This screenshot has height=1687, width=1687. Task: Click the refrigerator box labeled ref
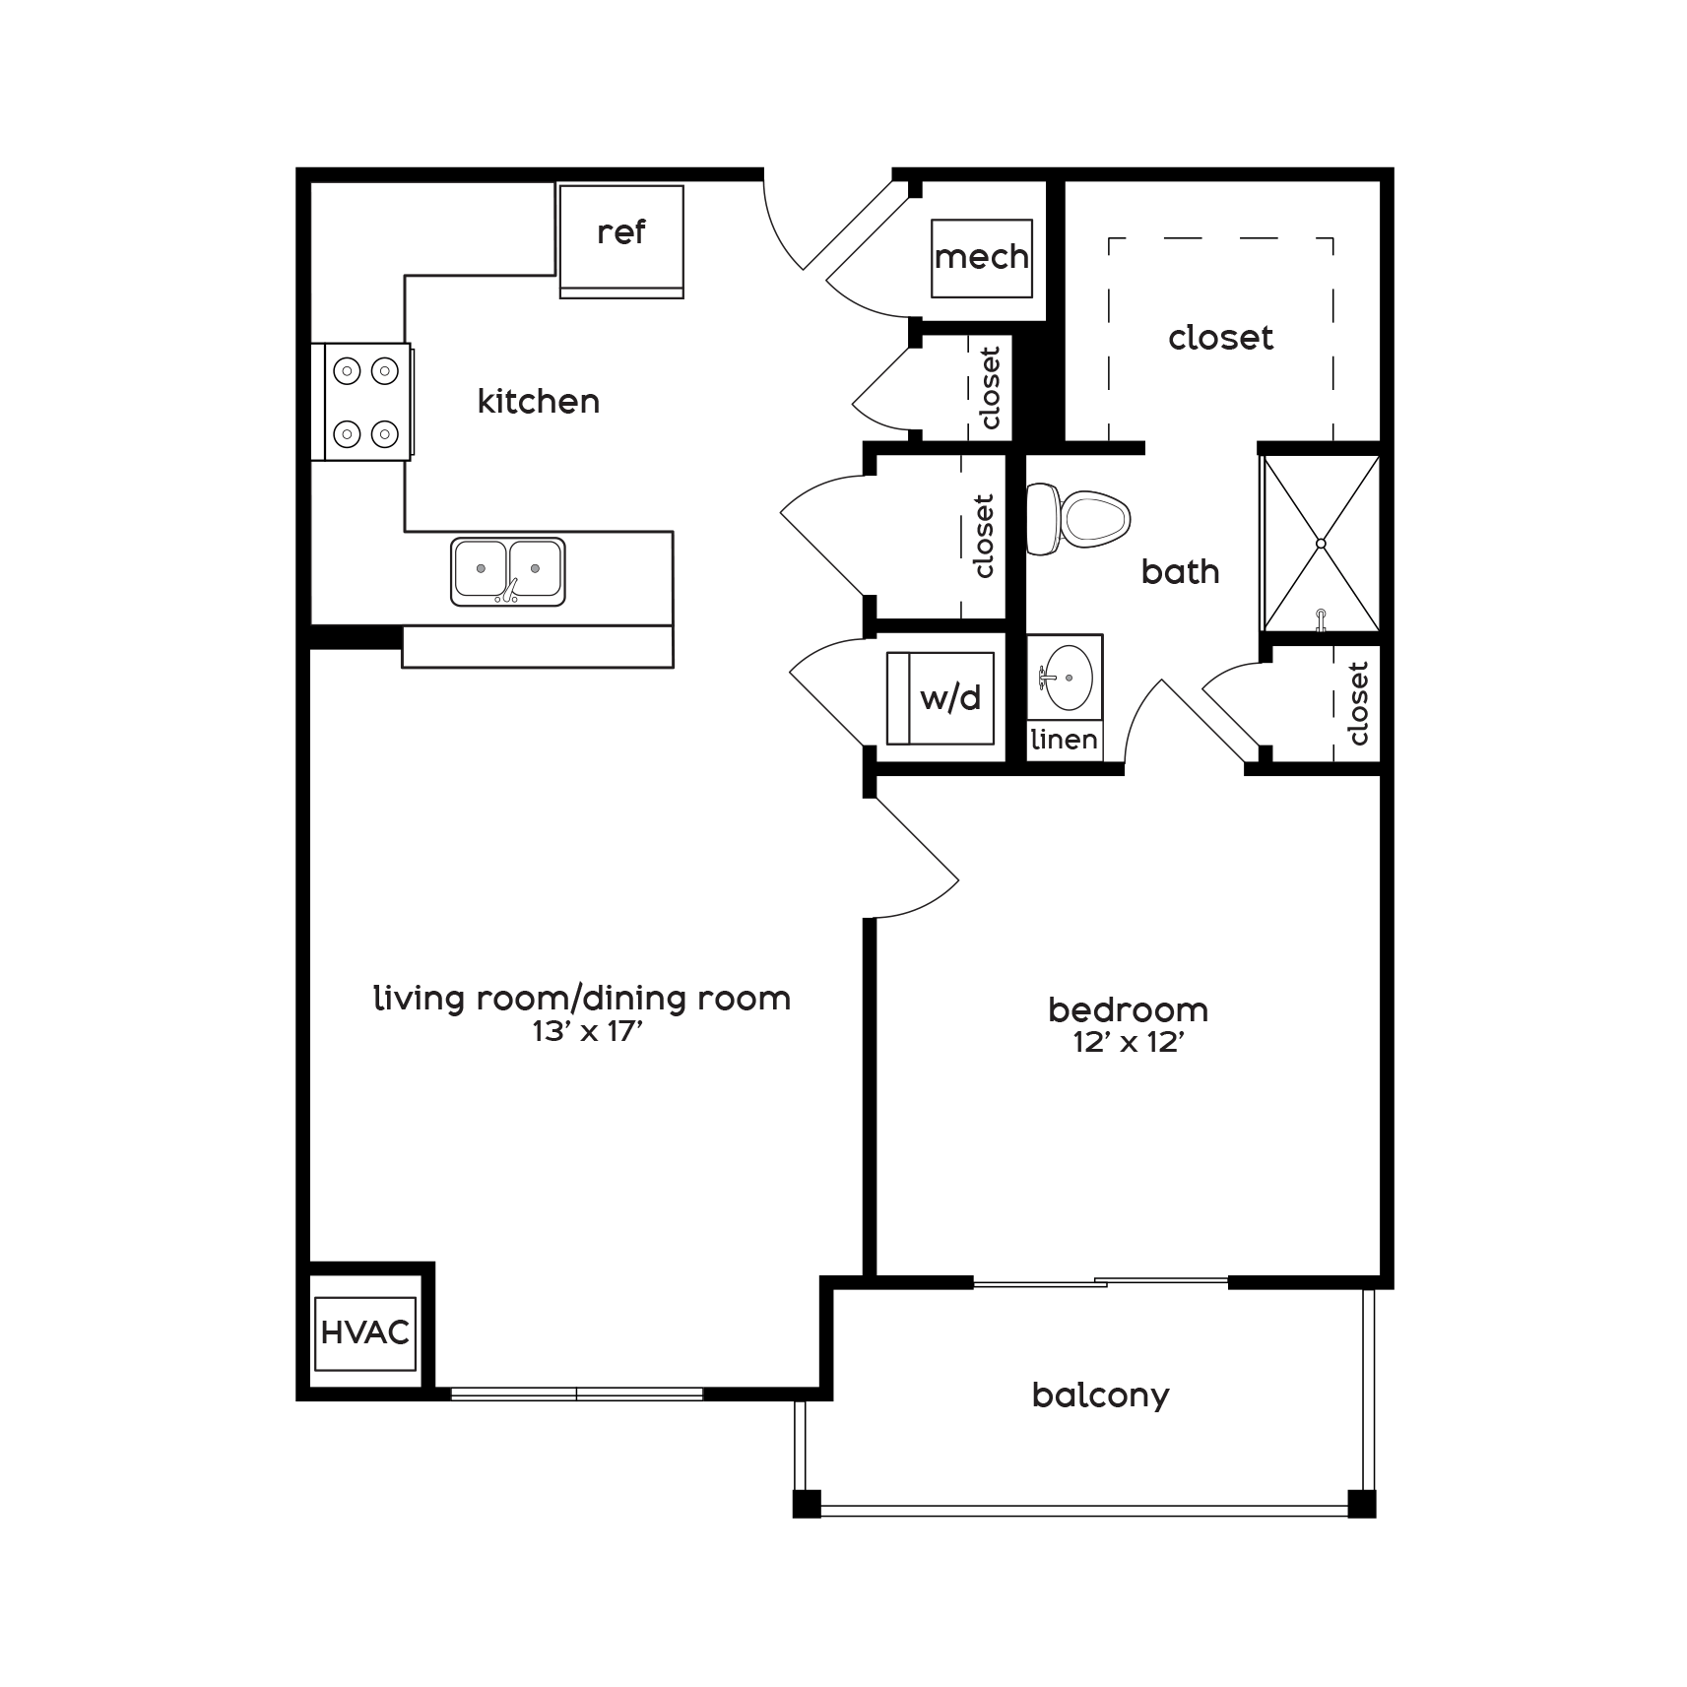[621, 240]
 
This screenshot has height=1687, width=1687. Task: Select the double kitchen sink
[508, 571]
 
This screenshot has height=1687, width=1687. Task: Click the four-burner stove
[362, 402]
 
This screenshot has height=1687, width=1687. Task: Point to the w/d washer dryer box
[940, 698]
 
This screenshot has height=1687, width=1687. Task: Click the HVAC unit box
[365, 1333]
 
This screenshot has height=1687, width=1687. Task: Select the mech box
[982, 258]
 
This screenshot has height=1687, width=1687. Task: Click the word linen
[1065, 740]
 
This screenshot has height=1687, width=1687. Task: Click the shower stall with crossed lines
[1321, 543]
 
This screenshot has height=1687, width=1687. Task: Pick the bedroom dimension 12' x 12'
[1128, 1043]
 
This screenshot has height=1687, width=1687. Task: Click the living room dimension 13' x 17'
[581, 1032]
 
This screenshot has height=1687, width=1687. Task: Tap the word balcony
[1100, 1395]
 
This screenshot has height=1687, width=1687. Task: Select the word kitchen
[538, 402]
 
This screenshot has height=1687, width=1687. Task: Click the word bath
[1180, 572]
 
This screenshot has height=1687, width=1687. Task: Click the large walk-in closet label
[1220, 338]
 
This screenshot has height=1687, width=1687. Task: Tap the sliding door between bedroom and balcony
[1100, 1282]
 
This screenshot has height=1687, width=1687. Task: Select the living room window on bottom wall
[577, 1394]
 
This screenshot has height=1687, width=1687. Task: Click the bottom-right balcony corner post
[1361, 1504]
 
